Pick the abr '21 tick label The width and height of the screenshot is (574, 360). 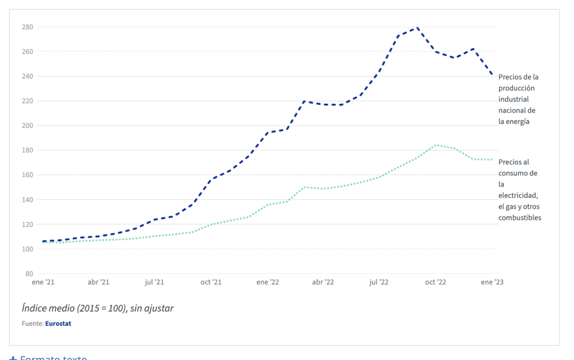coord(98,282)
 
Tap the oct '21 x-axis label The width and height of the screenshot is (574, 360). coord(211,282)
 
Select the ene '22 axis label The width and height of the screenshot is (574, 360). coord(267,282)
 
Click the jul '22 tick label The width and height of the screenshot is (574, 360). coord(379,282)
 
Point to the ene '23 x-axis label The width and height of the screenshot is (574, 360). coord(492,282)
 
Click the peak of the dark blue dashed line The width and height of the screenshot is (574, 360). coord(416,27)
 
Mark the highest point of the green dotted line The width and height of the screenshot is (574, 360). coord(436,145)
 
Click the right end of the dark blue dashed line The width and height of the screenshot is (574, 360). coord(492,75)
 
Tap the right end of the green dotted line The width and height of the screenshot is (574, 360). coord(492,160)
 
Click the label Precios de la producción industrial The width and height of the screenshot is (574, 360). coord(518,99)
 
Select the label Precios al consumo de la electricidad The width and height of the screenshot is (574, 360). coord(519,190)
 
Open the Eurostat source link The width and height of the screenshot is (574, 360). coord(58,324)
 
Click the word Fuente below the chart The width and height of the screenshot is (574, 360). coord(32,324)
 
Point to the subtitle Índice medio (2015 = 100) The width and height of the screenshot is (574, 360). coord(98,308)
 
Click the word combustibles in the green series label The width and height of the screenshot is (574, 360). coord(520,218)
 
